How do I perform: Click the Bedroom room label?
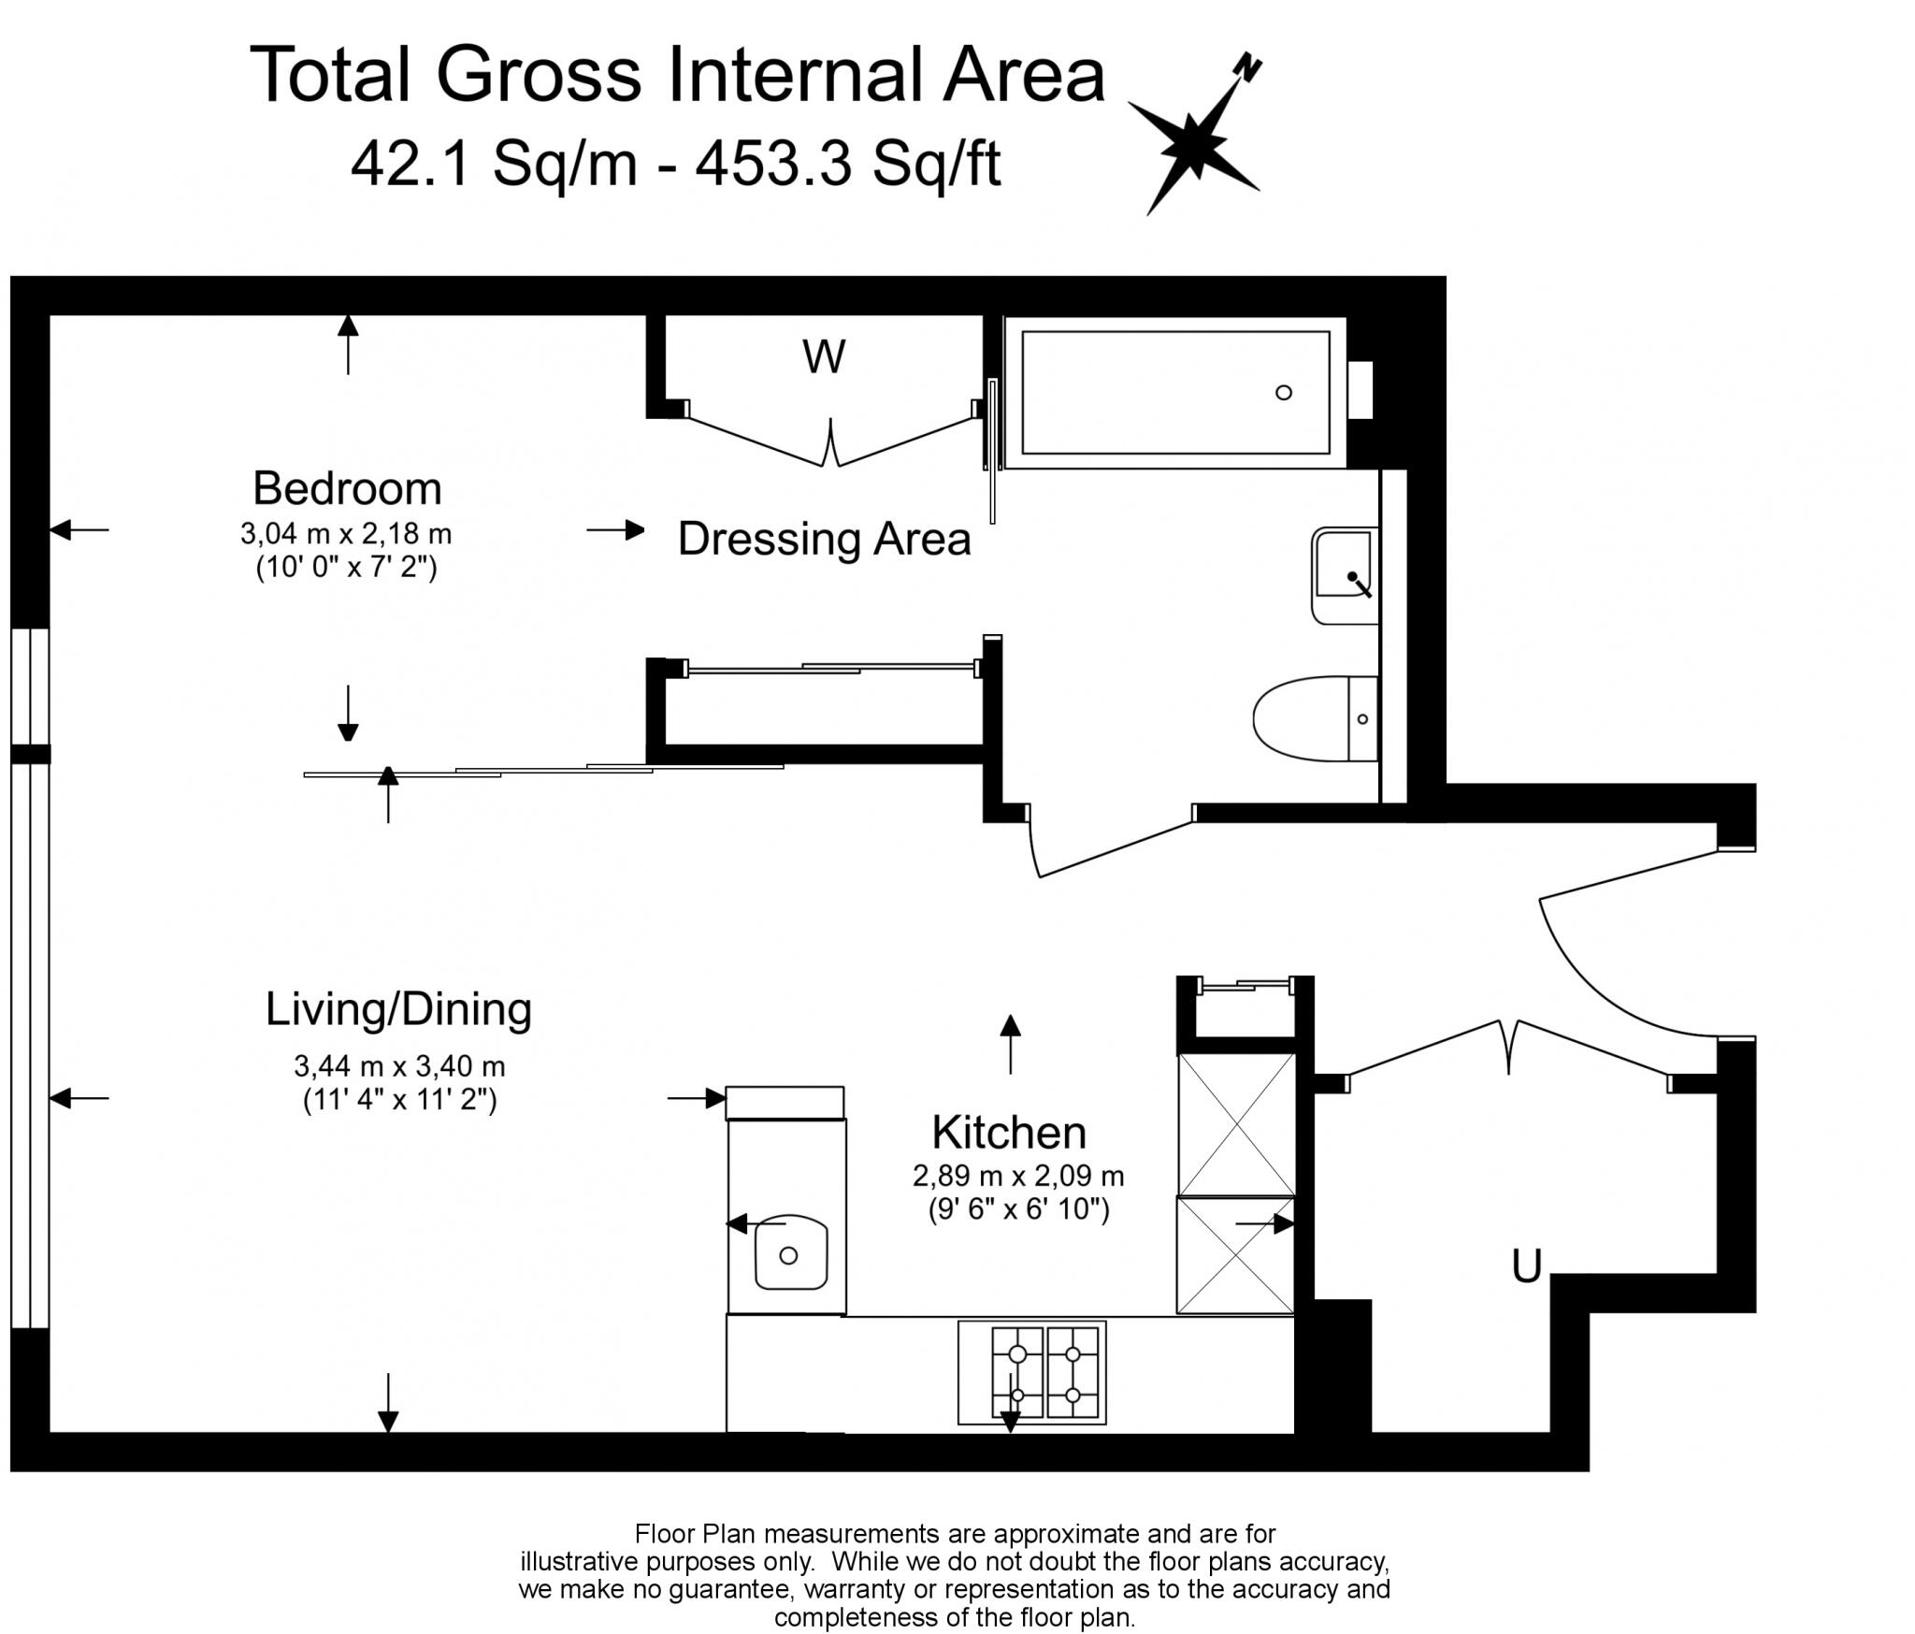(x=347, y=489)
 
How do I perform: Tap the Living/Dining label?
(x=398, y=1009)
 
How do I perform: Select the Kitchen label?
(x=1009, y=1133)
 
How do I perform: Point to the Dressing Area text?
(x=824, y=539)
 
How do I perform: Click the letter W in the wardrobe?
(x=824, y=356)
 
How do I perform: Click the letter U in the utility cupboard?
(x=1527, y=1266)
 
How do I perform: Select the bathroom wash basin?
(x=1345, y=574)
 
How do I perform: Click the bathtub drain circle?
(x=1284, y=393)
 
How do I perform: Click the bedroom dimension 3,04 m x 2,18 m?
(x=346, y=534)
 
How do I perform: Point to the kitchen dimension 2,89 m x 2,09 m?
(x=1018, y=1176)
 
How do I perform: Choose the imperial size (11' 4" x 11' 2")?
(x=399, y=1100)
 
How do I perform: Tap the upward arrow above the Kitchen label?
(x=1010, y=1042)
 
